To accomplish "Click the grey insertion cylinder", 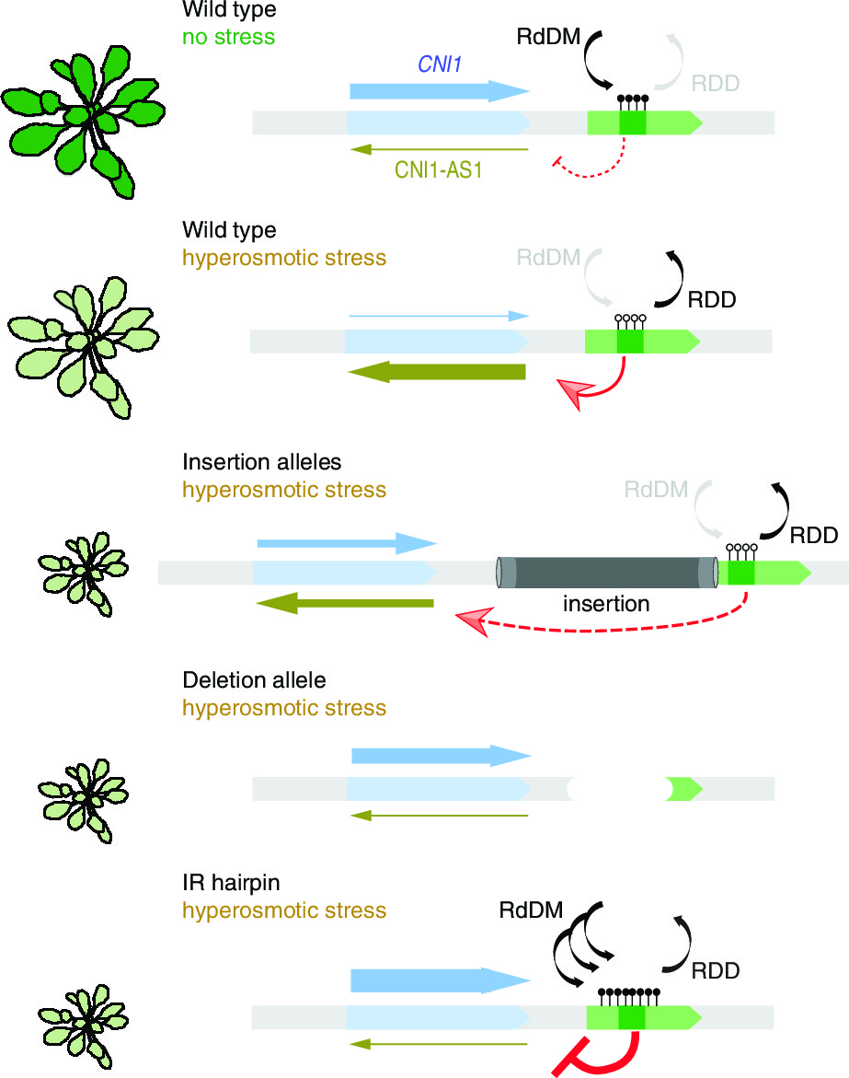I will click(607, 573).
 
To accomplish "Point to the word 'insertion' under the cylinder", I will click(606, 604).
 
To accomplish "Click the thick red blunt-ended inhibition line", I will click(598, 1055).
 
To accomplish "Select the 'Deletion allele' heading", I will click(254, 680).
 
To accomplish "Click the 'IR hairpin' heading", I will click(231, 883).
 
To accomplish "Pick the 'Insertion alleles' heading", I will click(262, 461).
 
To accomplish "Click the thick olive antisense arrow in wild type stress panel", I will click(437, 372).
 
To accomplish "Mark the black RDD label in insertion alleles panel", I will click(813, 535).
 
